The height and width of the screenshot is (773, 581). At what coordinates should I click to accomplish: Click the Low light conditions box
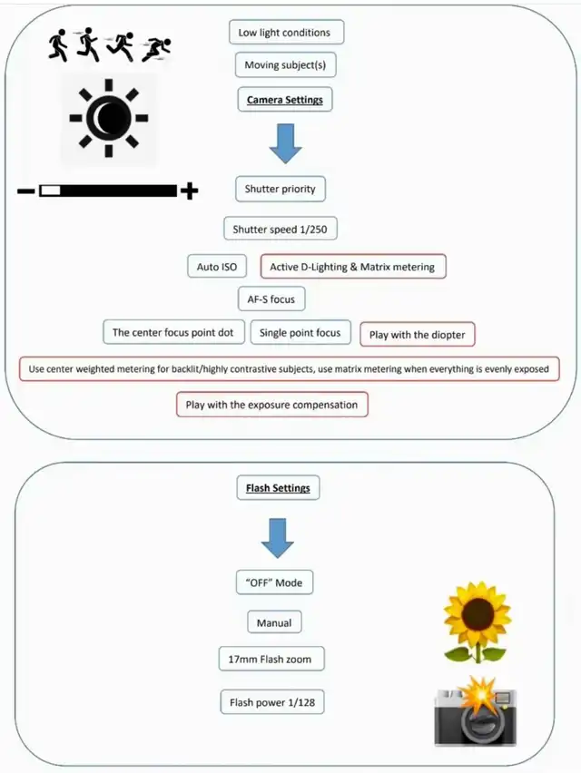(287, 33)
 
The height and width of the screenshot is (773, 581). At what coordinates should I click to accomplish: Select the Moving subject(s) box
(286, 65)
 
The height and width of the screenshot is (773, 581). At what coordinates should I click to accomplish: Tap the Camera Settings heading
(285, 100)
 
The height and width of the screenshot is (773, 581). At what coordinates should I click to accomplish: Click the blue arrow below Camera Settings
(286, 143)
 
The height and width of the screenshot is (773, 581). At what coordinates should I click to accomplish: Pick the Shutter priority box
(281, 189)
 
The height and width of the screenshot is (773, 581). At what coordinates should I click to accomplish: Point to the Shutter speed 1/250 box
(281, 229)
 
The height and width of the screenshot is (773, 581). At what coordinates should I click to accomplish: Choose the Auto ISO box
(217, 267)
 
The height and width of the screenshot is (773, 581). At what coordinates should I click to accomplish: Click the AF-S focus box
(271, 299)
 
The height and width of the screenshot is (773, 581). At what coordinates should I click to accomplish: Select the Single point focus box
(300, 333)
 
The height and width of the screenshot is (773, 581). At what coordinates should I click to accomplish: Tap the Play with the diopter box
(418, 335)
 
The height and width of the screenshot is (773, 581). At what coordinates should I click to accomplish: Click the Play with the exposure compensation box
(271, 405)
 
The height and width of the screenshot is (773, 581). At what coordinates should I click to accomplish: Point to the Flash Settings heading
(278, 488)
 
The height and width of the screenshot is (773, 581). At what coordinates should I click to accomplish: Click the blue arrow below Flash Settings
(278, 538)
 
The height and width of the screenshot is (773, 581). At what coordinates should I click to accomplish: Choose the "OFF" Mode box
(274, 582)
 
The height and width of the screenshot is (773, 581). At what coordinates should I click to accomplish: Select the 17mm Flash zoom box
(271, 659)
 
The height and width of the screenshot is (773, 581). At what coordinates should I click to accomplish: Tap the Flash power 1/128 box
(272, 702)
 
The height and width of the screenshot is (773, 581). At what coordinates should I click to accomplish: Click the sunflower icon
(477, 622)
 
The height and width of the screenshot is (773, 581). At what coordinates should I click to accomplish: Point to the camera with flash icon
(476, 711)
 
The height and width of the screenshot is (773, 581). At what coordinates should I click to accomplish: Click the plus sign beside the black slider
(190, 191)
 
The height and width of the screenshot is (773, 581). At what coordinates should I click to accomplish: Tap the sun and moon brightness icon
(109, 118)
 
